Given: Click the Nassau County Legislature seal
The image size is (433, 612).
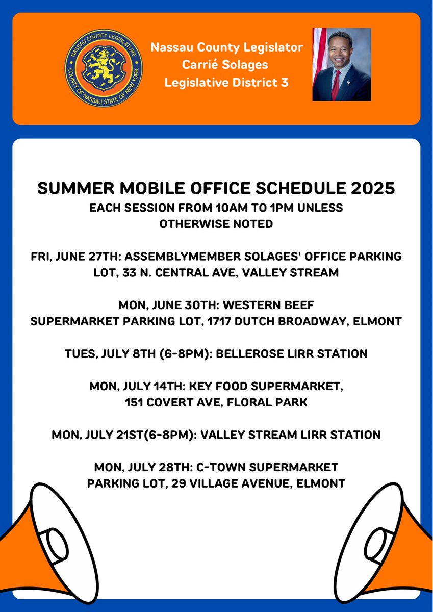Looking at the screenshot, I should point(104,68).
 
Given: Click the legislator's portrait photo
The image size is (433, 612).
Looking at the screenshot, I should point(341,64).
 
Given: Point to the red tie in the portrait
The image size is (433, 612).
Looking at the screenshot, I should point(336,85).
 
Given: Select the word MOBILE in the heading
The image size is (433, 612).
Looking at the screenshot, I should point(159,188).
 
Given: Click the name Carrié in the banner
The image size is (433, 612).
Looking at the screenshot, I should point(206,65).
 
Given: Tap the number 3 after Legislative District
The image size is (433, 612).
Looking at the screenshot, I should point(284,82).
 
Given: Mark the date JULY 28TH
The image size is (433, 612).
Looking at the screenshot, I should point(159,467).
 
